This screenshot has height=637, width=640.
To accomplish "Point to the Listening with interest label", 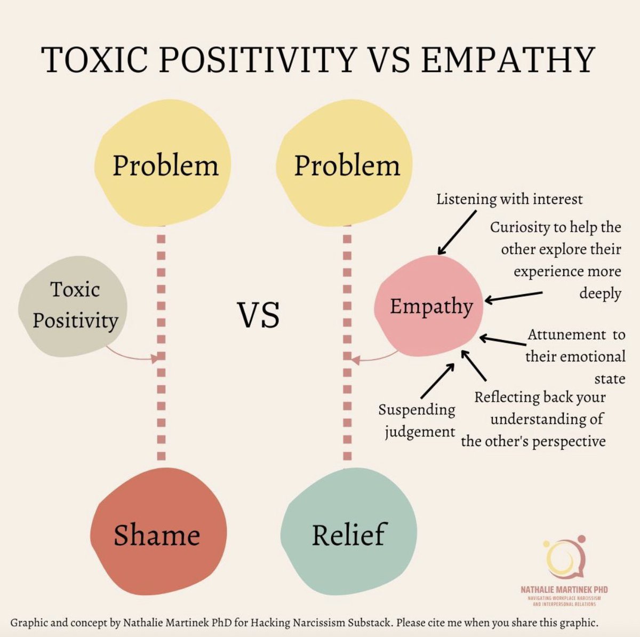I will click(x=509, y=200).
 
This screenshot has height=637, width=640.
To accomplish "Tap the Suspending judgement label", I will click(x=417, y=420).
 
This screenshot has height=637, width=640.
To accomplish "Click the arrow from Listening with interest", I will click(x=457, y=232).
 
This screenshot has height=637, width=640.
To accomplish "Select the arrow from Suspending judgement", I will click(x=437, y=381).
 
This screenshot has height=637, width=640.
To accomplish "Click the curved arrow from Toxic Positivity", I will click(x=131, y=355).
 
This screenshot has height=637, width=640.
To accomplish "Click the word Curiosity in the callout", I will click(x=520, y=227).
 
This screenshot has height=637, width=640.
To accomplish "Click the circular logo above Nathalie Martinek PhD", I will click(x=563, y=560).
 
